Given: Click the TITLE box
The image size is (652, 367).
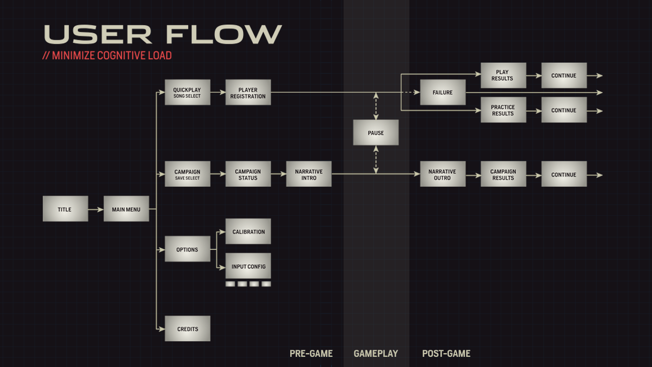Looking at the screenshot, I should (x=65, y=209).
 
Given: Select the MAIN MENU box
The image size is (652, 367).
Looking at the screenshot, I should (x=126, y=209).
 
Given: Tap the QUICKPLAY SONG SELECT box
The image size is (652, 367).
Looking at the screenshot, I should (x=187, y=93).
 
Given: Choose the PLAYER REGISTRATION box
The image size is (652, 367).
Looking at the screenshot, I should (x=248, y=93).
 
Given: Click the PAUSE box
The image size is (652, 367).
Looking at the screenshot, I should (x=376, y=133).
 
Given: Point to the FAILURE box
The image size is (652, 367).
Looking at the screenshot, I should (x=443, y=93).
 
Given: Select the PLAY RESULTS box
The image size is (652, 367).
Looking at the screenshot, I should (x=503, y=75).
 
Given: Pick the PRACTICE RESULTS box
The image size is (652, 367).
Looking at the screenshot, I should (x=503, y=110).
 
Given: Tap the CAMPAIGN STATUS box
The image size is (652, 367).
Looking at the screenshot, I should (x=248, y=174).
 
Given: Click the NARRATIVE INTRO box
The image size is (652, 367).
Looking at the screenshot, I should (x=309, y=174).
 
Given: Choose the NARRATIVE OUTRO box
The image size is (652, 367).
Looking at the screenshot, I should (x=443, y=174).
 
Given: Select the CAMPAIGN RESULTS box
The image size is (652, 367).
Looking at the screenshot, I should (x=503, y=174).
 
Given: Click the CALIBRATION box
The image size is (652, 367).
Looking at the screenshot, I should (x=248, y=232).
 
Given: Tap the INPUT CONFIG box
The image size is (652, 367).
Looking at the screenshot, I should (x=248, y=266).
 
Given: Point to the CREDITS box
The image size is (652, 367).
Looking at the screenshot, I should (x=187, y=329).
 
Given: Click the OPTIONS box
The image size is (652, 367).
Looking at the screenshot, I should (x=187, y=249).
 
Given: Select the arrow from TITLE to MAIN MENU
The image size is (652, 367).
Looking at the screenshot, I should (x=96, y=210).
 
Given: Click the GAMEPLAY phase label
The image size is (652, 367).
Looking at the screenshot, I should (x=376, y=354).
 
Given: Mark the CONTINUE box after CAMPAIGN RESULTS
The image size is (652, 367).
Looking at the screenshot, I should (x=564, y=174).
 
